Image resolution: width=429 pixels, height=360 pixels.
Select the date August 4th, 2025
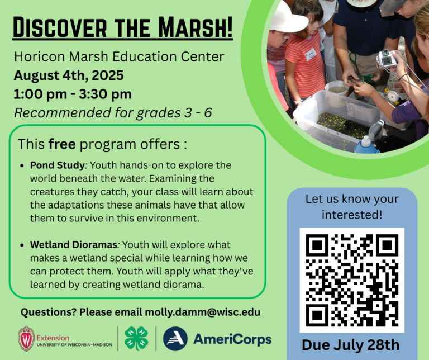tap(69, 75)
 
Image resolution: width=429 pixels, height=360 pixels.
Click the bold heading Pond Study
tap(53, 166)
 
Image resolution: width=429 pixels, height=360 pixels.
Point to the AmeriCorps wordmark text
tap(232, 339)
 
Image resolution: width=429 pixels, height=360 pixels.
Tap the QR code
tap(351, 280)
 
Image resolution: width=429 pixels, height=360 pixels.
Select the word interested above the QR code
tap(351, 214)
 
